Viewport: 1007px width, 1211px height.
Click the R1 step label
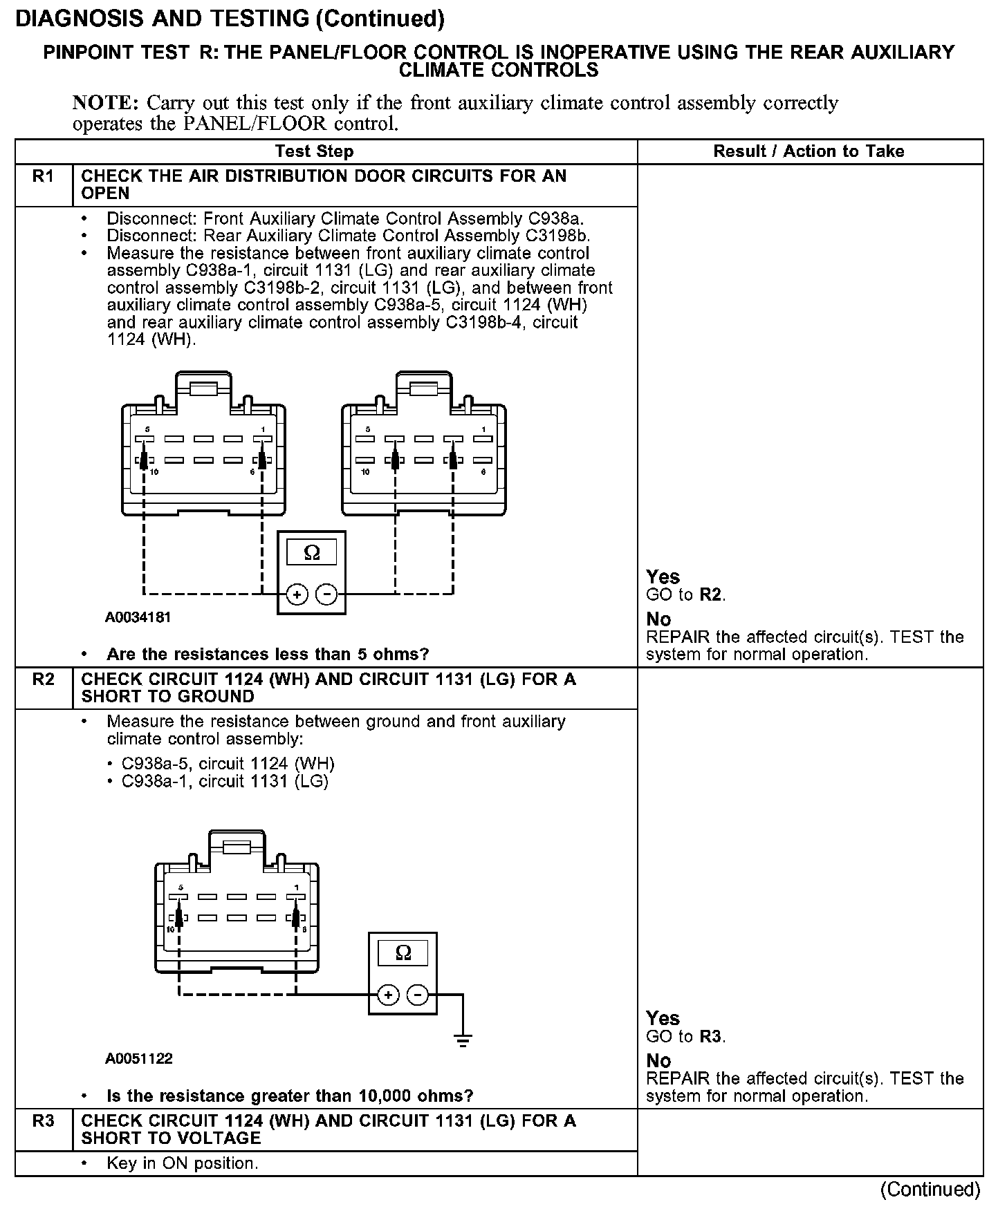[x=43, y=177]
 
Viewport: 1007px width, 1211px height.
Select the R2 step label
[x=43, y=679]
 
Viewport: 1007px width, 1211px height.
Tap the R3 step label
[x=43, y=1121]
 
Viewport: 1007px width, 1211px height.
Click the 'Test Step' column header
[x=314, y=151]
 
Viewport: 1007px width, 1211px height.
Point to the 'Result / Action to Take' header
[x=809, y=151]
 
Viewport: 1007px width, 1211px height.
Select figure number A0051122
[x=138, y=1059]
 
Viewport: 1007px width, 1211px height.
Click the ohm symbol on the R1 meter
[x=312, y=553]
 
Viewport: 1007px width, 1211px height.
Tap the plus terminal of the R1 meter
[x=297, y=594]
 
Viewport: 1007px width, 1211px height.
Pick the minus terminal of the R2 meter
[x=417, y=995]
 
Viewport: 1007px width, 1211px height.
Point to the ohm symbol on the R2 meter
[x=403, y=954]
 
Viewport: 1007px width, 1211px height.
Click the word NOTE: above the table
[x=106, y=104]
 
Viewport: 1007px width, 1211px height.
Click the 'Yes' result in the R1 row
[x=663, y=577]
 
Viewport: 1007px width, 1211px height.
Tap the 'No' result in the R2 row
[x=658, y=1061]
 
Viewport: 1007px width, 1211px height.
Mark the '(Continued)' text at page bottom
[x=930, y=1190]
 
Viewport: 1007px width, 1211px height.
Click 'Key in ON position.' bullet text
[x=182, y=1163]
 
